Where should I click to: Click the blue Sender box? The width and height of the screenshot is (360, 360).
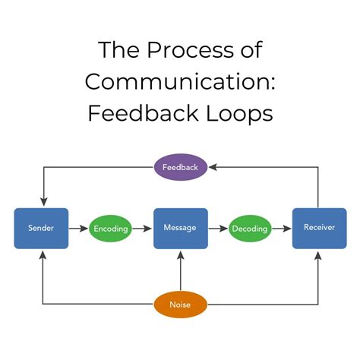point(41,228)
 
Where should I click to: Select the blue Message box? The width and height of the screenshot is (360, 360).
point(180,228)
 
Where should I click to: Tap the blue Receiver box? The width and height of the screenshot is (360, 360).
point(314,228)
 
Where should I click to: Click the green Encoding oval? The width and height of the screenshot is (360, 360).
point(110,228)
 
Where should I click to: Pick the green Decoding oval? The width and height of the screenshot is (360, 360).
point(250,228)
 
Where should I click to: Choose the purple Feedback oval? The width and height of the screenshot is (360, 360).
point(180,166)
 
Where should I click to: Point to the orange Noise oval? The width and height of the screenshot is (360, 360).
point(180,304)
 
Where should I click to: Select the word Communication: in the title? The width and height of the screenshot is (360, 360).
point(180,82)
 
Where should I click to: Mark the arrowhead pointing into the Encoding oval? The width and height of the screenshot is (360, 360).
point(85,228)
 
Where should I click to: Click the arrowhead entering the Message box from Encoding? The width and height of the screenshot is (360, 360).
point(149,228)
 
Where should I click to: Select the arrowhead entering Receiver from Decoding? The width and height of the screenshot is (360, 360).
point(288,228)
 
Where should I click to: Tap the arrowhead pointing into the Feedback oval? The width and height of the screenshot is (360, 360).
point(214,166)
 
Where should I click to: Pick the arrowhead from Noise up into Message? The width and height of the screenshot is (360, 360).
point(180,254)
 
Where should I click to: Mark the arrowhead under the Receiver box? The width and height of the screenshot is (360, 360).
point(317,253)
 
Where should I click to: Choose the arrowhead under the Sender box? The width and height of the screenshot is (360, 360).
point(43,253)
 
